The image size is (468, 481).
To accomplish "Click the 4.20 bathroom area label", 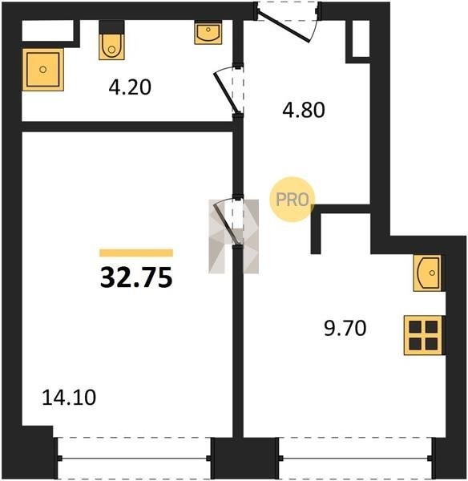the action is pos(130,87).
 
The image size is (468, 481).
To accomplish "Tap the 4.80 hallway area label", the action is pos(304,110).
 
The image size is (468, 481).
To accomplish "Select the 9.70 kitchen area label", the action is pos(345,328).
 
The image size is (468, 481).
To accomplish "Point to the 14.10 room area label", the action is pos(69,398).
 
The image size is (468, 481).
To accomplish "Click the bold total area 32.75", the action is pos(136,277).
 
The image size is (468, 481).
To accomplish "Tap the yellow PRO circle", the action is pos(292,200).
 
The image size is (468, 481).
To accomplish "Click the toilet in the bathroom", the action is pos(111,40).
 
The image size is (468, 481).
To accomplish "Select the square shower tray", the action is pos(43,70).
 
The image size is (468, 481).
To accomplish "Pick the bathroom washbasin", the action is pos(208,33).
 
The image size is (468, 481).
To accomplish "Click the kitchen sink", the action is pos(427,273).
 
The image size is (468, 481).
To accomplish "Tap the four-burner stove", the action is pos(424,335).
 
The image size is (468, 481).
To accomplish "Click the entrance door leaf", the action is pos(283,26).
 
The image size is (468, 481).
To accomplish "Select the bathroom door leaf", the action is pos(226,93).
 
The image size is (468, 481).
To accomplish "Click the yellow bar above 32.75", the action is pos(136,253).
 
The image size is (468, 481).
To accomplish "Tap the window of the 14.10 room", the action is pos(135,459).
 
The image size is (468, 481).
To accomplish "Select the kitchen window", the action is pos(357,459).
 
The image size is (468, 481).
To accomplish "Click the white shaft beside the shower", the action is pos(48,30).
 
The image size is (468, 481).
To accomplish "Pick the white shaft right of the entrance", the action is pos(361,38).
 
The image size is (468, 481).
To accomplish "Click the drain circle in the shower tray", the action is pos(43,70).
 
